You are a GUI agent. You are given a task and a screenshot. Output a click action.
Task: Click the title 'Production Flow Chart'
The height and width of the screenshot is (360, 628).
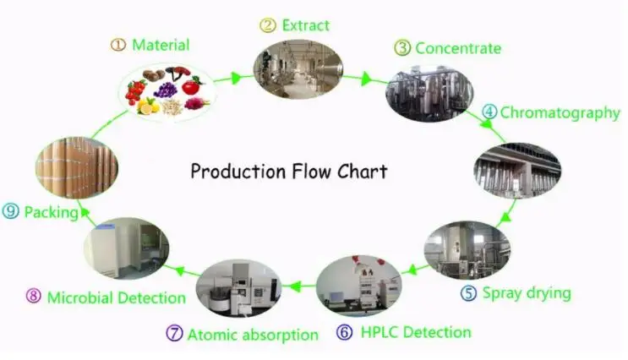[289, 172]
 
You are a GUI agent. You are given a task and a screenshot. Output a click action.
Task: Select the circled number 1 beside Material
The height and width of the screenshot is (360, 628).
[118, 45]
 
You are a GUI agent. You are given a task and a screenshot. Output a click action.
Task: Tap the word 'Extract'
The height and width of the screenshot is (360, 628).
[306, 25]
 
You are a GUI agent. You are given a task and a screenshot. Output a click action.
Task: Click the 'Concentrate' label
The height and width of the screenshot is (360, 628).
[458, 48]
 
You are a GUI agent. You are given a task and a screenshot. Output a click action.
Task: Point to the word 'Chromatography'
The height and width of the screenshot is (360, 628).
[560, 113]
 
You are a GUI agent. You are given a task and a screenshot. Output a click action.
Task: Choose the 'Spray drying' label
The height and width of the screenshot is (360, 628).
[527, 292]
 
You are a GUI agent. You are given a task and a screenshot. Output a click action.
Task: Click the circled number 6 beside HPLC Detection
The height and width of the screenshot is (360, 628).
[345, 332]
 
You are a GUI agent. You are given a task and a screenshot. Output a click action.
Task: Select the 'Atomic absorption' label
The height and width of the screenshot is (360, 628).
[253, 335]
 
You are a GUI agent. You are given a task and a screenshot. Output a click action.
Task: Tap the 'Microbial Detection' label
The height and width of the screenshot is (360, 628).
[117, 297]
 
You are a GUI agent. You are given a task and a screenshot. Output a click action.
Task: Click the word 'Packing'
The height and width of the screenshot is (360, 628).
[52, 212]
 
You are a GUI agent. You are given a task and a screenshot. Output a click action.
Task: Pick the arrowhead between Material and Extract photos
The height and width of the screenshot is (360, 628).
[237, 77]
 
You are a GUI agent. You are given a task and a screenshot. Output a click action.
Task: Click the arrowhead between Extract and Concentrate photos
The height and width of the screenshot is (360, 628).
[366, 79]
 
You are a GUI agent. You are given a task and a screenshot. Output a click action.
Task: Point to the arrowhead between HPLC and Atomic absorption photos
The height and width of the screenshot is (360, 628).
[295, 286]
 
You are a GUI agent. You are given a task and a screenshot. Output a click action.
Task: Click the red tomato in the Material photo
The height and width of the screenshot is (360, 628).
[192, 85]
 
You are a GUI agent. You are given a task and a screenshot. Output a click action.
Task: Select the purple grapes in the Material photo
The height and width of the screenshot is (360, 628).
[166, 90]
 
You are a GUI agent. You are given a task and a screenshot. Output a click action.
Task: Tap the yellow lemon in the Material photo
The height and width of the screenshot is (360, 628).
[145, 106]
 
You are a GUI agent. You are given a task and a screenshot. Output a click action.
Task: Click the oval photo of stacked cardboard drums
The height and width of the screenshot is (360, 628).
[77, 167]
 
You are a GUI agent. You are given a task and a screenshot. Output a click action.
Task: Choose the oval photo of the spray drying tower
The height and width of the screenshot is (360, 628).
[467, 249]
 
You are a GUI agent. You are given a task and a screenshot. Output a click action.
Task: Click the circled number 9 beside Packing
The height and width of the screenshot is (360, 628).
[10, 211]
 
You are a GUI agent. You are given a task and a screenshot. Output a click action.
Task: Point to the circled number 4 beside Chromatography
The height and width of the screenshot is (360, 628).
[489, 112]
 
